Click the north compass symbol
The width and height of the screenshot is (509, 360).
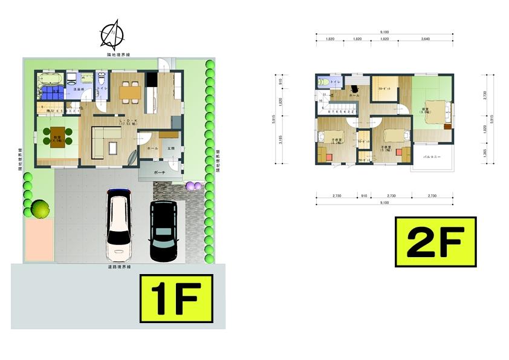coord(112,34)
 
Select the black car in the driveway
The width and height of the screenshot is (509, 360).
coord(163,231)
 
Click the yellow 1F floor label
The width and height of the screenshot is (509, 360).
coord(176,298)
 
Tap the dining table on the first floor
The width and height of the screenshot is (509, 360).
coord(130,91)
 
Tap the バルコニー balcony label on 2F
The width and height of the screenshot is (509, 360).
coord(432,157)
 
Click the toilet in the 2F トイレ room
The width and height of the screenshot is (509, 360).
coord(323,82)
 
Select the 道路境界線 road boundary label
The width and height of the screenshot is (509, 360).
coord(119,267)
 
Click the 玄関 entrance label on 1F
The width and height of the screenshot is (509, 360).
coord(170,148)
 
